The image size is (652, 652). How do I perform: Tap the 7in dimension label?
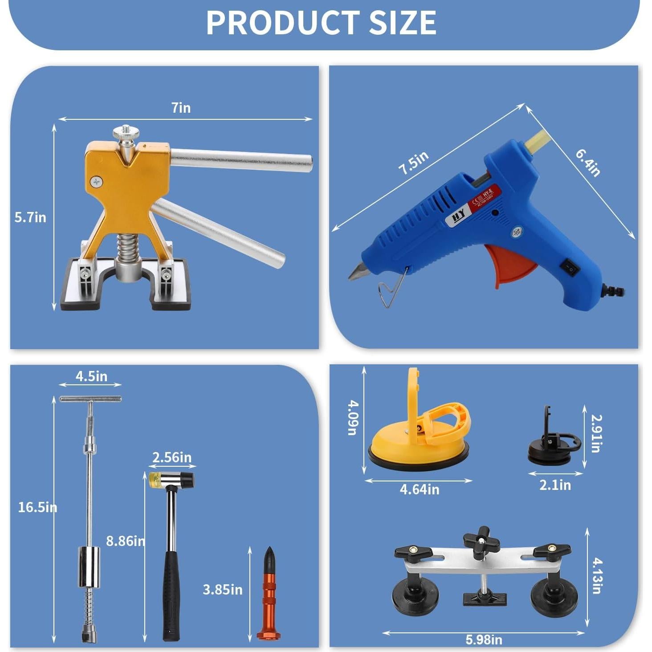point(181,108)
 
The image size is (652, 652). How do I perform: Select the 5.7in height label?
point(30,217)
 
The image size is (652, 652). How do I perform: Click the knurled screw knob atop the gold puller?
point(125,133)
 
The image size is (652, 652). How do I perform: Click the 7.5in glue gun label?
point(413,163)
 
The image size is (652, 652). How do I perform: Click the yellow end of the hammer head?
point(155,479)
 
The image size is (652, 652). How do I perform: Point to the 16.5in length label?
point(37,507)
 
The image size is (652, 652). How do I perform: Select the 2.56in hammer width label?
point(172,457)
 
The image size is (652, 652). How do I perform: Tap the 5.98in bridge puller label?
point(484,640)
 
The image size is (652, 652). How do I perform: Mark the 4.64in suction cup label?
point(419,489)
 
